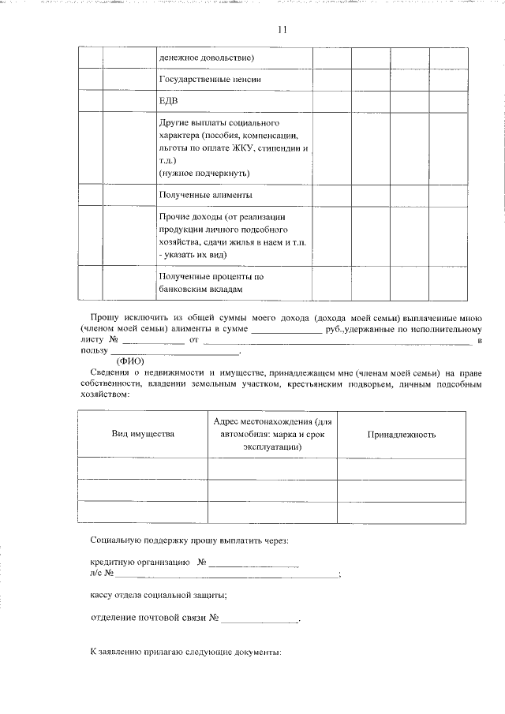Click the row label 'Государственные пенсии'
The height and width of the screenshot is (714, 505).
pyautogui.click(x=209, y=80)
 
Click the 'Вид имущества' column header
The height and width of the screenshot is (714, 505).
pyautogui.click(x=143, y=434)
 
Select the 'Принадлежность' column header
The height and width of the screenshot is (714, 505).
pyautogui.click(x=402, y=434)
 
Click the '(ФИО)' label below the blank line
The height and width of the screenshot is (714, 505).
pyautogui.click(x=132, y=360)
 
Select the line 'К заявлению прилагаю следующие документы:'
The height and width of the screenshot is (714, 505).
pyautogui.click(x=185, y=654)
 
